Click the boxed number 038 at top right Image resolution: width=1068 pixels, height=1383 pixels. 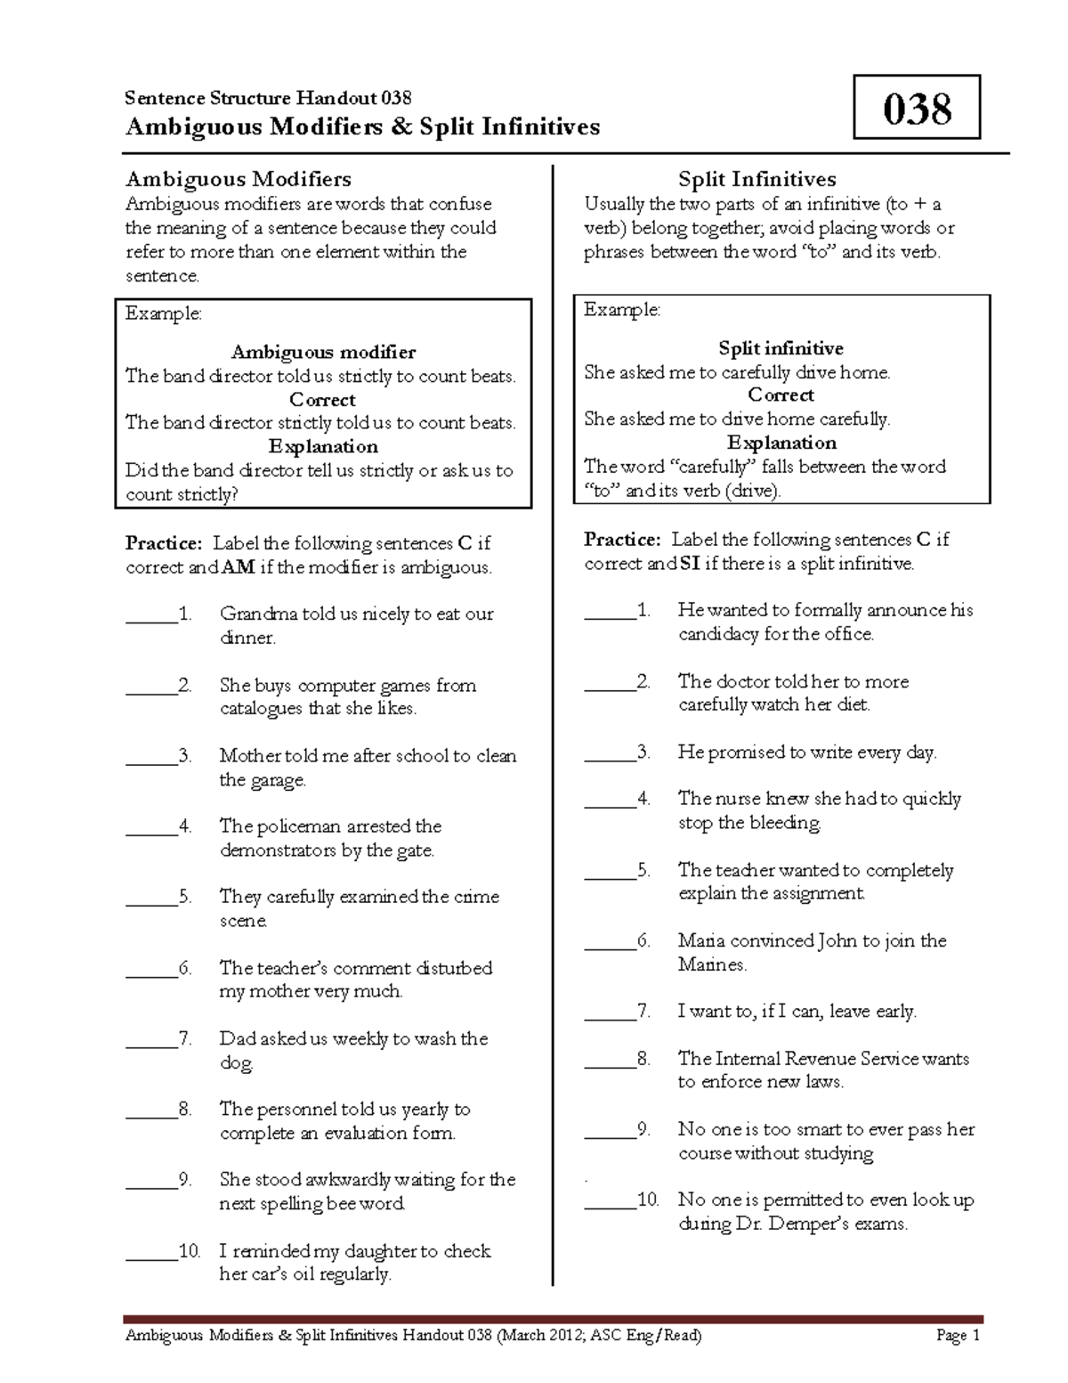click(917, 108)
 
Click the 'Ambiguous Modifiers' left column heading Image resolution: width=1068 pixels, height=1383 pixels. click(238, 180)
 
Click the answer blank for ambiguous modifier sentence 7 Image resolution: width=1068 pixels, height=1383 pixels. click(151, 1039)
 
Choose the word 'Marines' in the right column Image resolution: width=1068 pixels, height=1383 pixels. click(711, 964)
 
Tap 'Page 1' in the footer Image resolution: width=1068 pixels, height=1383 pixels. click(958, 1335)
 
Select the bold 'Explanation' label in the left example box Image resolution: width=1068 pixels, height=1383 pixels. click(323, 447)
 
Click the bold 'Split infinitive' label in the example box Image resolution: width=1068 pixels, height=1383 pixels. click(781, 348)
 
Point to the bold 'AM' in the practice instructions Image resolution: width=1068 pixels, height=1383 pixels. click(238, 567)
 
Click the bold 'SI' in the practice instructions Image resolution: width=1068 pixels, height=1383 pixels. click(689, 564)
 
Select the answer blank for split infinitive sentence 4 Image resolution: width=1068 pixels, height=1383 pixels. click(610, 800)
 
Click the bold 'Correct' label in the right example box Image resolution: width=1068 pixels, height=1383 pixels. click(781, 395)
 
